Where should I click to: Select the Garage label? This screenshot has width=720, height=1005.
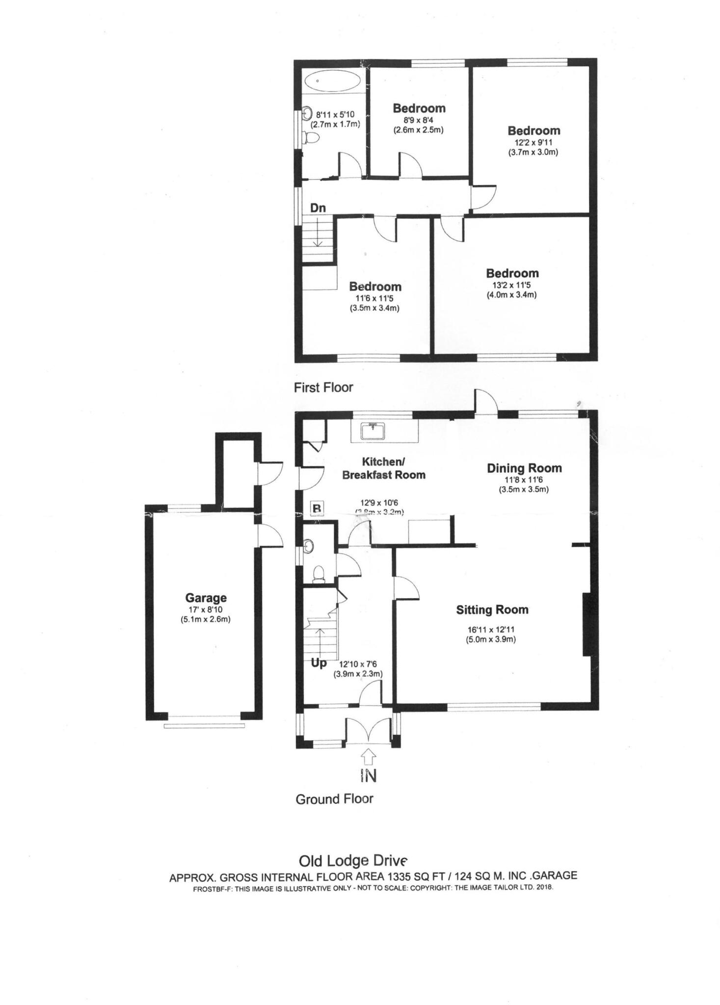click(206, 598)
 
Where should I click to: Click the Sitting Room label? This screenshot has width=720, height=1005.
click(492, 609)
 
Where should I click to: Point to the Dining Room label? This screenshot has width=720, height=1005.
click(524, 468)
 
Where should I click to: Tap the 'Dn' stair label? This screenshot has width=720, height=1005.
click(318, 208)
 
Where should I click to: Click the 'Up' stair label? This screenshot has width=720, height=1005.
click(319, 663)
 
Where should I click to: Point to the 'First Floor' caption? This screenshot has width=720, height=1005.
click(323, 388)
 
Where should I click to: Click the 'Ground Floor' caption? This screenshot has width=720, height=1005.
click(334, 799)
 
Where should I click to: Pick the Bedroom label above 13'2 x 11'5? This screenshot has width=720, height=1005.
click(512, 273)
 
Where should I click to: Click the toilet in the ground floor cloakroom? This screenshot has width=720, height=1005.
click(319, 573)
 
